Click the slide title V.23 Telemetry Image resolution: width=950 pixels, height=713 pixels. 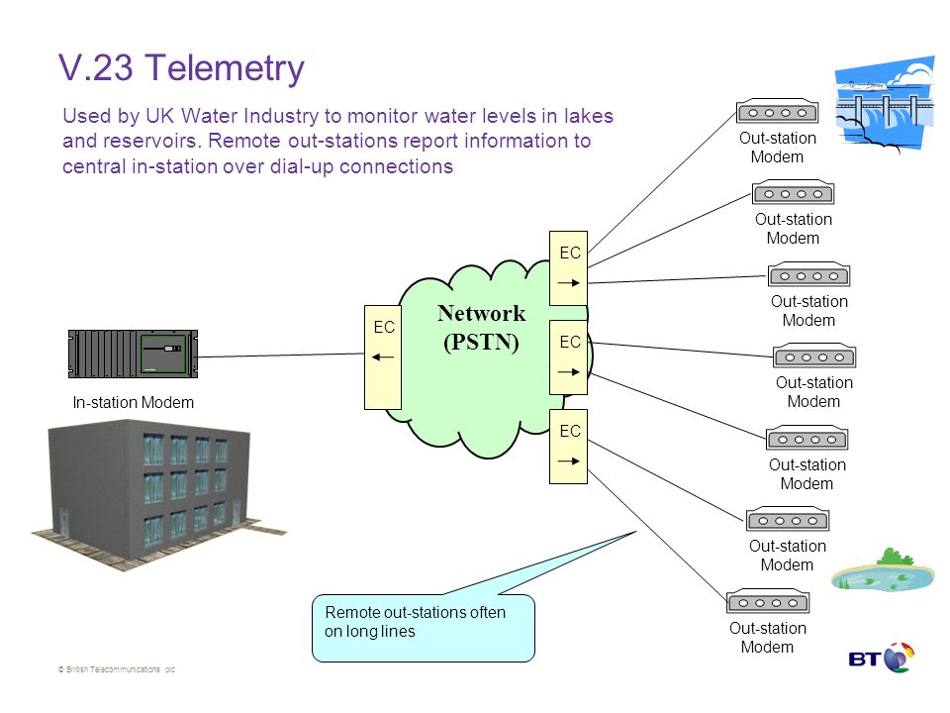(x=181, y=68)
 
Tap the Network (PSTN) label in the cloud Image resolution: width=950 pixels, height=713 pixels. (x=482, y=328)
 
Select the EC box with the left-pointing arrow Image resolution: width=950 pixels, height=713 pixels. (x=383, y=357)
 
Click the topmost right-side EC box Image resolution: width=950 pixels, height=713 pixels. (x=568, y=268)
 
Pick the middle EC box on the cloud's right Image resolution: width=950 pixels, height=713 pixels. (x=568, y=357)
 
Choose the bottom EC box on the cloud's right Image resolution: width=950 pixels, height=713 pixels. (x=568, y=447)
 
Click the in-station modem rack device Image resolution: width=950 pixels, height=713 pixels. (x=134, y=355)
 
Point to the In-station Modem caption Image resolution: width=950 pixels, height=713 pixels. (x=134, y=403)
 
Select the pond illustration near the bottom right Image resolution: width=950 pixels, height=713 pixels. (x=883, y=571)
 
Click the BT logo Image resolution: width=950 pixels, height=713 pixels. (x=882, y=658)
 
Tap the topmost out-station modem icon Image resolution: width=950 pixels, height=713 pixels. (x=778, y=112)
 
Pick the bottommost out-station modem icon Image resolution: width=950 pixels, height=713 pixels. (x=768, y=602)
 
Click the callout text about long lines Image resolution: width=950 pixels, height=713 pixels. (x=415, y=622)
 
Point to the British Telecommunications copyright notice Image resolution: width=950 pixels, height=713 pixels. (x=117, y=669)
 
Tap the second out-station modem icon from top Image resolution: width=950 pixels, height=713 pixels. (x=793, y=193)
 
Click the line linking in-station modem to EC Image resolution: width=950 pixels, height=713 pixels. (x=281, y=356)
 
